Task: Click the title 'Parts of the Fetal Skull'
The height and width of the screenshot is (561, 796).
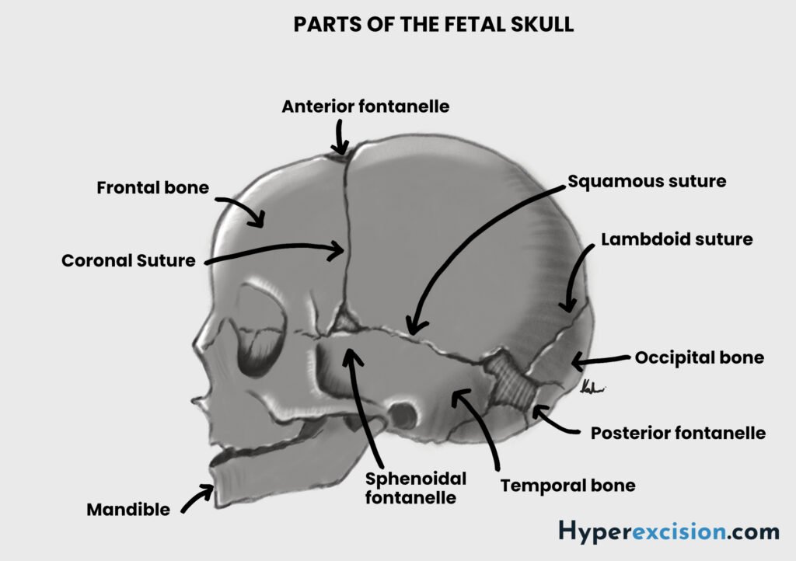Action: pyautogui.click(x=433, y=25)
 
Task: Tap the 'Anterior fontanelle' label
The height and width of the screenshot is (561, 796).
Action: pyautogui.click(x=365, y=106)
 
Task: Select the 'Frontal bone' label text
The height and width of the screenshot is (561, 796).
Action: pyautogui.click(x=152, y=188)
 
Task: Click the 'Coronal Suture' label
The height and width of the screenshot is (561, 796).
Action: pyautogui.click(x=128, y=261)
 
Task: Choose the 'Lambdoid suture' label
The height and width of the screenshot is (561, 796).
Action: pyautogui.click(x=676, y=239)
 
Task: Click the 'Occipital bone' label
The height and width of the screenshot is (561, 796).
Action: pyautogui.click(x=699, y=358)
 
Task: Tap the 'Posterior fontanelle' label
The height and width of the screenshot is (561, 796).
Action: pyautogui.click(x=678, y=433)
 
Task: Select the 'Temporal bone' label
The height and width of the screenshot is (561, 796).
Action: pyautogui.click(x=567, y=486)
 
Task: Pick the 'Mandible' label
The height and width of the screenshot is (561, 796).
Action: pyautogui.click(x=128, y=510)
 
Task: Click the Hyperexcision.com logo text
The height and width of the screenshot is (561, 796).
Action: pyautogui.click(x=669, y=532)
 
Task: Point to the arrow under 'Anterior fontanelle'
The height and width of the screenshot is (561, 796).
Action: pyautogui.click(x=339, y=141)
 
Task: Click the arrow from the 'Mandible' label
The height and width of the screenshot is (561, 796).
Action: pyautogui.click(x=197, y=498)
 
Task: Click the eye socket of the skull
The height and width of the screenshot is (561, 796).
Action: pyautogui.click(x=259, y=330)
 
